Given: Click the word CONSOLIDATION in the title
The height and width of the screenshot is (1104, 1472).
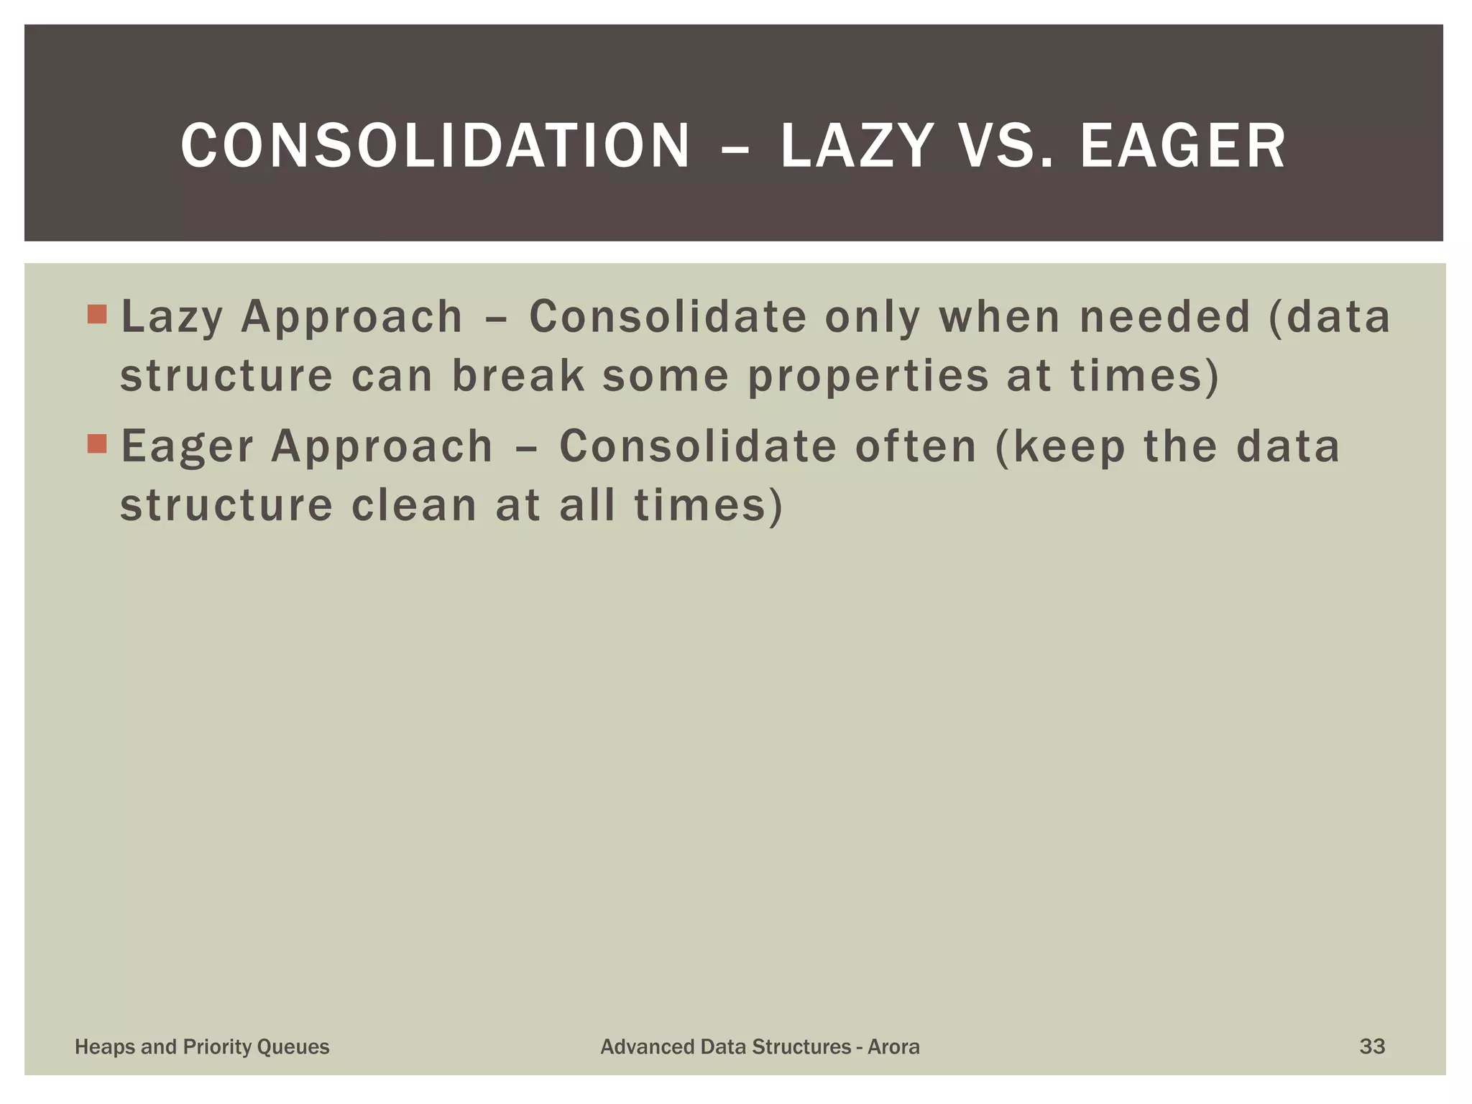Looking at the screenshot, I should coord(435,146).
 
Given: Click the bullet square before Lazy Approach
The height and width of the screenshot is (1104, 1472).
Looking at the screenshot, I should coord(97,314).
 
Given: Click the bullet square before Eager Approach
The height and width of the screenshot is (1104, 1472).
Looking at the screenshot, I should coord(97,443).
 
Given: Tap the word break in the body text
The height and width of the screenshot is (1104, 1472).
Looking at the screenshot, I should coord(518,375).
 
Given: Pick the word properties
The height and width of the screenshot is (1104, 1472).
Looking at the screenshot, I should coord(868,377).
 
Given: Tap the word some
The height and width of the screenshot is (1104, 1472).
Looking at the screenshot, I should coord(666,375).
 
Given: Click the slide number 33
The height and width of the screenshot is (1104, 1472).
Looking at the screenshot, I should coord(1372,1046).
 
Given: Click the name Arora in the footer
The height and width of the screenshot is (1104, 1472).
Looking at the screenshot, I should coord(893,1046).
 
